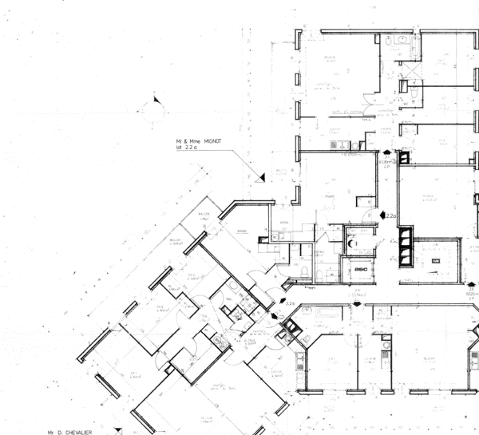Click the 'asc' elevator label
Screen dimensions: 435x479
[361, 269]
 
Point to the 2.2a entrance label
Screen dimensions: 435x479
[390, 216]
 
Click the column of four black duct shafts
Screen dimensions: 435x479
[405, 246]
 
